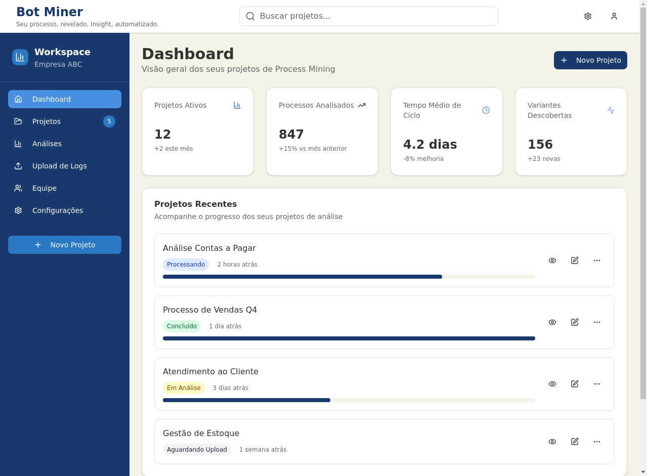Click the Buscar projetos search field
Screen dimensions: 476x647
tap(368, 16)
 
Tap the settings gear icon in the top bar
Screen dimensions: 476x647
tap(587, 16)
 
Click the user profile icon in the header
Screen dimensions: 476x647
tap(614, 16)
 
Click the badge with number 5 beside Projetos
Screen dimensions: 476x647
tap(109, 121)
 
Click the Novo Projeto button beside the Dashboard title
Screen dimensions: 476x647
tap(590, 60)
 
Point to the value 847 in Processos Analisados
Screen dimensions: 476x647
tap(291, 135)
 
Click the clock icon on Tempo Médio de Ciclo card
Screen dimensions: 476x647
tap(486, 110)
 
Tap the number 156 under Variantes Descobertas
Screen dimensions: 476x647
tap(540, 145)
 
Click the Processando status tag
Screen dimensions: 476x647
tap(186, 265)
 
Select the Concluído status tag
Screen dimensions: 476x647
tap(182, 326)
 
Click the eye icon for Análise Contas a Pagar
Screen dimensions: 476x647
tap(552, 261)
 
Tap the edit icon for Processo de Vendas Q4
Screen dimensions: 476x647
tap(574, 322)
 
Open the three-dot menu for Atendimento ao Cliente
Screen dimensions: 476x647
tap(596, 384)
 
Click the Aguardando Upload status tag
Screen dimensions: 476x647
tap(197, 450)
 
